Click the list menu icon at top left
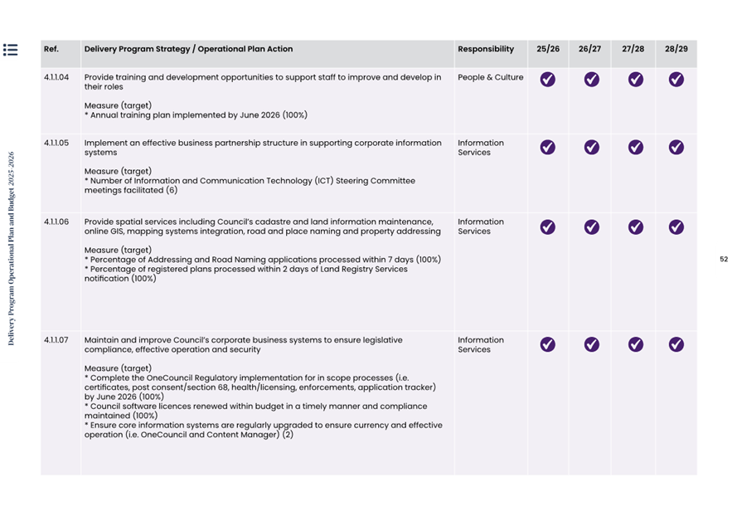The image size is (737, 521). coord(11,50)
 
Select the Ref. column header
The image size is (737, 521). coord(51,50)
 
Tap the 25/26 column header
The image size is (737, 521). coord(548,50)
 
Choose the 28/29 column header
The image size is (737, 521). coord(676,50)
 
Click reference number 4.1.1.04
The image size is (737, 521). coord(56,77)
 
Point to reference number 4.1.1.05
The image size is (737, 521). coord(56,144)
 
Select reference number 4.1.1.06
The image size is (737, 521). coord(56,222)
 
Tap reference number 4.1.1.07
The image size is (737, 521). coord(56,340)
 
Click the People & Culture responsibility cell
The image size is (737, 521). coord(490,78)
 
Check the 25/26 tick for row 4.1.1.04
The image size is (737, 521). coord(548,80)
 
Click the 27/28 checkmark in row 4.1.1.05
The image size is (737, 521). coord(635,147)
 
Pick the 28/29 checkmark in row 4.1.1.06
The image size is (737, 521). coord(676,226)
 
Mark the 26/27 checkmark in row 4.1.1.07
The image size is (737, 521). coord(591,344)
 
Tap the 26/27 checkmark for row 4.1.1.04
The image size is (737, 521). coord(591,80)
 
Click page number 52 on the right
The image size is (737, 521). coord(723,260)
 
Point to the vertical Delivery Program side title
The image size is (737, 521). coord(12,248)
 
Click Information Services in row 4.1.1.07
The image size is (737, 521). coord(480,344)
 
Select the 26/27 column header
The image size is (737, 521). coord(589,50)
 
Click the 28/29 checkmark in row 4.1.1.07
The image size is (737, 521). coord(676,344)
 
